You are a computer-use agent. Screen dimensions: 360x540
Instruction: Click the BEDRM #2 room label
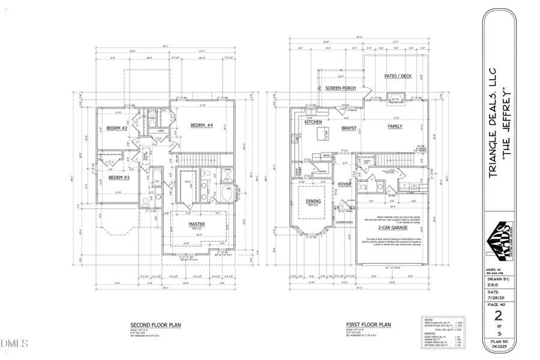coord(118,128)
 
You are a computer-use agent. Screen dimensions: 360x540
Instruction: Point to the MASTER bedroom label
coord(197,224)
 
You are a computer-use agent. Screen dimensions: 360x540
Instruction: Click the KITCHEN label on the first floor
coord(313,122)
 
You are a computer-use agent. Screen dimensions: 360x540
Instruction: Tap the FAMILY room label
coord(395,126)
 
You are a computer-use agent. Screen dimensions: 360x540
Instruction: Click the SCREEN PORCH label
coord(340,88)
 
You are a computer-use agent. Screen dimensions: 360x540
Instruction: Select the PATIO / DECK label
coord(397,76)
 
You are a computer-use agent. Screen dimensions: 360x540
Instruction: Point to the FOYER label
coord(344,184)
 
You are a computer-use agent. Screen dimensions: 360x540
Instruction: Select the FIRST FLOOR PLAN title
coord(368,325)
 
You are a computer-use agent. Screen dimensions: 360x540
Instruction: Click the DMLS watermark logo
coord(14,344)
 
